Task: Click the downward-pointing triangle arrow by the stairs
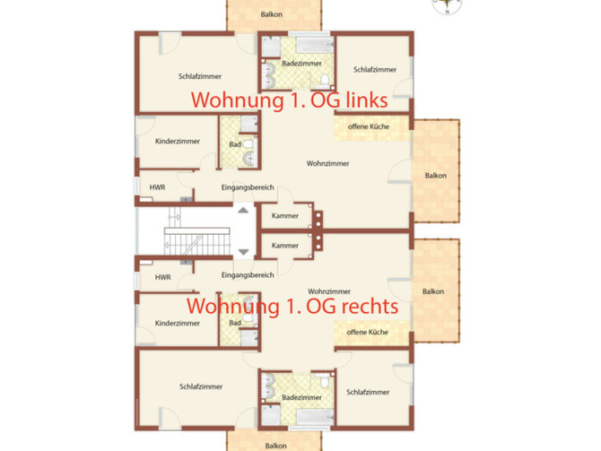pyautogui.click(x=242, y=253)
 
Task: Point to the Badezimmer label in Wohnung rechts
pyautogui.click(x=301, y=396)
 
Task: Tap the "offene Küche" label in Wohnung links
pyautogui.click(x=368, y=128)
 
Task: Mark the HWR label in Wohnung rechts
pyautogui.click(x=162, y=277)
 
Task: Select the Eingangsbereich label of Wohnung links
pyautogui.click(x=247, y=186)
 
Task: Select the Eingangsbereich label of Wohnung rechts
pyautogui.click(x=247, y=274)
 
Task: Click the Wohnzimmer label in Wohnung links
pyautogui.click(x=327, y=163)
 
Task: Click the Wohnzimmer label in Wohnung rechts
pyautogui.click(x=328, y=291)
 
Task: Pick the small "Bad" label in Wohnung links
pyautogui.click(x=235, y=144)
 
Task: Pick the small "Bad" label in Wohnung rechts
pyautogui.click(x=235, y=323)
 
